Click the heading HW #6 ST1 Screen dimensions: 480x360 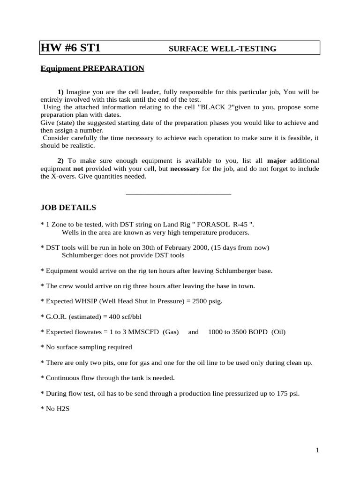[x=70, y=48]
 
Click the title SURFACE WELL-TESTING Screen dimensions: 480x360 [x=222, y=49]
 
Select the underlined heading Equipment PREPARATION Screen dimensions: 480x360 [x=92, y=69]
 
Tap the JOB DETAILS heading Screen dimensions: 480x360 [x=68, y=207]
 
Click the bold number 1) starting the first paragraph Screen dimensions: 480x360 [x=60, y=92]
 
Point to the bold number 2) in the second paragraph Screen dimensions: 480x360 [x=60, y=160]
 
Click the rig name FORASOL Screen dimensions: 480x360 [x=202, y=225]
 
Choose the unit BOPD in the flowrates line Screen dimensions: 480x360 [x=256, y=332]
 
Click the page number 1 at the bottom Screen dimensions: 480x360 [x=317, y=450]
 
